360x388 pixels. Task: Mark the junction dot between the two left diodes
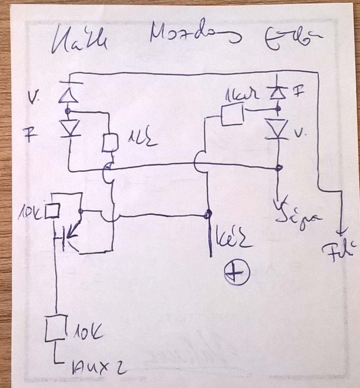coord(68,111)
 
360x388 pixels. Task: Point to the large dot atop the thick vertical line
coord(208,215)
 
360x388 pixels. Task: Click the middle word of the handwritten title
coord(194,36)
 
